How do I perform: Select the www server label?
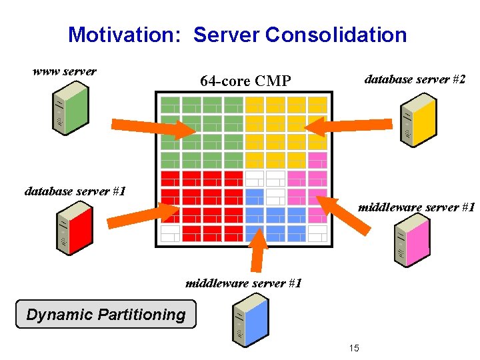(65, 71)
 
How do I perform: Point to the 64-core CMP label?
(245, 81)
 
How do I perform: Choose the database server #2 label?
(415, 79)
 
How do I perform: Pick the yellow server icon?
(417, 120)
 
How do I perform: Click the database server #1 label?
(75, 191)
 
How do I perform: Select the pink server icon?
(410, 241)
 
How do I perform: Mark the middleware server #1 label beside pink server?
(416, 207)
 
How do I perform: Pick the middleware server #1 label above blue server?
(243, 283)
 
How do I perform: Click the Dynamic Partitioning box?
(106, 315)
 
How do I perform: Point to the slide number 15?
(354, 347)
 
